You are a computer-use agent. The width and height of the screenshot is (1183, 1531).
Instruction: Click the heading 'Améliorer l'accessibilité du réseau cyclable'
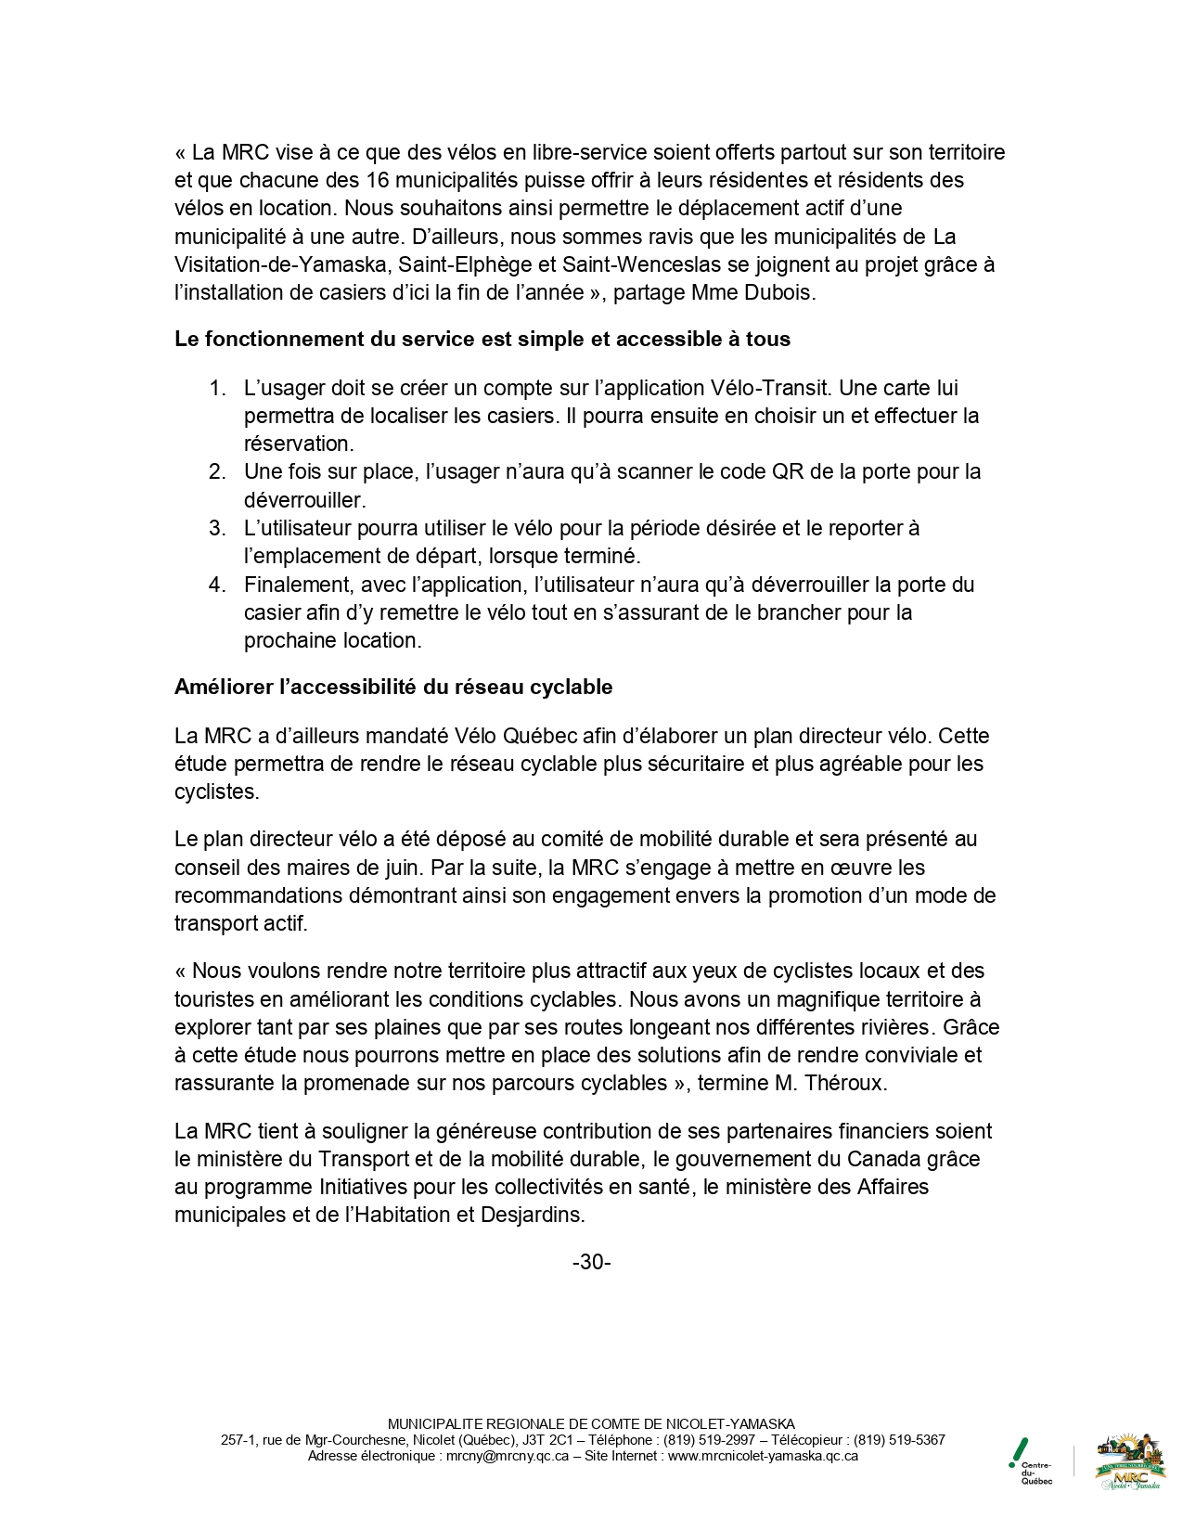pyautogui.click(x=393, y=688)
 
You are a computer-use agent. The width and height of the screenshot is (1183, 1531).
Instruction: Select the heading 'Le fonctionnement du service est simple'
pyautogui.click(x=482, y=340)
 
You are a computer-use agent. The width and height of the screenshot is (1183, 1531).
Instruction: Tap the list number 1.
pyautogui.click(x=217, y=388)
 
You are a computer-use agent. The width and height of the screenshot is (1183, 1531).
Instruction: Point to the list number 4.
pyautogui.click(x=217, y=585)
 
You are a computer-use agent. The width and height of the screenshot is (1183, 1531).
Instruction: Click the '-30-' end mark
pyautogui.click(x=591, y=1262)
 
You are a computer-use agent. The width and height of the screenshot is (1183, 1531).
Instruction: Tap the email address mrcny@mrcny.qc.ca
pyautogui.click(x=508, y=1456)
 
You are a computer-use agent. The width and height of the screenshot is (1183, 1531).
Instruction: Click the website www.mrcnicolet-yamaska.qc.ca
pyautogui.click(x=763, y=1456)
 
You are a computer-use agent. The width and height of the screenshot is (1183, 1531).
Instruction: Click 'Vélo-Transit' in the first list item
pyautogui.click(x=770, y=388)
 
